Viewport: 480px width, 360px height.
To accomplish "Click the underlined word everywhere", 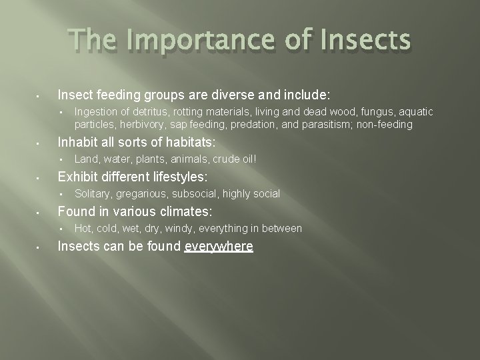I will (219, 246).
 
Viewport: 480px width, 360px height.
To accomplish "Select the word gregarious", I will (142, 193).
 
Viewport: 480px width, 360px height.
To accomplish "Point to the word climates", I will (183, 211).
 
